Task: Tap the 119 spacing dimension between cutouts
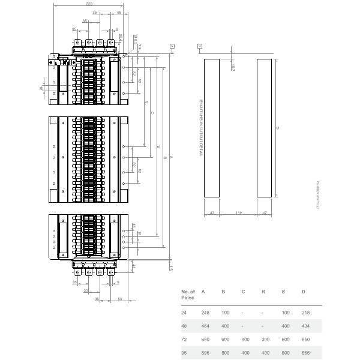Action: [x=238, y=212]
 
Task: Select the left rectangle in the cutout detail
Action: [x=212, y=128]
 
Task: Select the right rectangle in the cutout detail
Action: [x=265, y=128]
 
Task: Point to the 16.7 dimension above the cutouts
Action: [x=232, y=68]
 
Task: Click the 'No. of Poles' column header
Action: [x=187, y=294]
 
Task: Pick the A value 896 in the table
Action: [x=206, y=352]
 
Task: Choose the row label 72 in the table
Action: [x=184, y=339]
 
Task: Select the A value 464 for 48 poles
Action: [x=206, y=326]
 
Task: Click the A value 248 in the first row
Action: [x=206, y=313]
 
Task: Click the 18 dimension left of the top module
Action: [x=41, y=88]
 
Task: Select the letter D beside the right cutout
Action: [x=277, y=128]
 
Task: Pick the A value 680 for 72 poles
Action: [x=206, y=339]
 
